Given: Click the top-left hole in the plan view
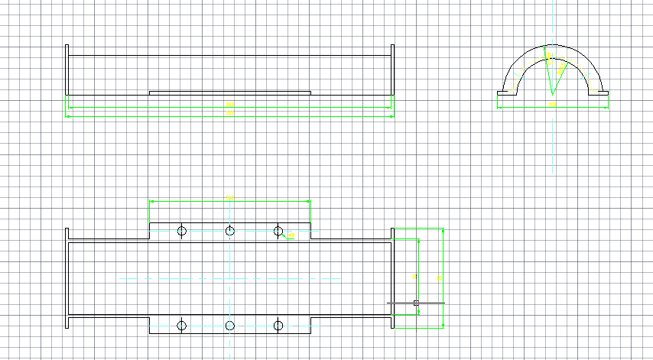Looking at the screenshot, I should pos(182,231).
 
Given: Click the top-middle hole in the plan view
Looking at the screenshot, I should pos(229,231).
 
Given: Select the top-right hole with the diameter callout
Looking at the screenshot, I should pos(278,231).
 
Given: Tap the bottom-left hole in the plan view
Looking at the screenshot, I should pos(182,326).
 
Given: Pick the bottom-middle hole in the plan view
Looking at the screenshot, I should pos(229,326).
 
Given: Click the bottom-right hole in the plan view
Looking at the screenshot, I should pos(278,326).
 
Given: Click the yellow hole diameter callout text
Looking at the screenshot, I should pos(291,235).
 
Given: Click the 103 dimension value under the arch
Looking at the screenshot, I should pos(552,102).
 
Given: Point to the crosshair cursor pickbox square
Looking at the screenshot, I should pos(416,303).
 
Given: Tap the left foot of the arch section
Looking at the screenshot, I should pos(505,93).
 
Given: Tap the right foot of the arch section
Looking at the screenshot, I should pos(599,93).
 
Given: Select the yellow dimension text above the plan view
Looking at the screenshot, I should pos(231,197).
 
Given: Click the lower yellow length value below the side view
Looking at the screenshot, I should pos(229,113).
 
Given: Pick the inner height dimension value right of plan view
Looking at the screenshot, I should pos(414,276).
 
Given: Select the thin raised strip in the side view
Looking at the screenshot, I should pos(229,92).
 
